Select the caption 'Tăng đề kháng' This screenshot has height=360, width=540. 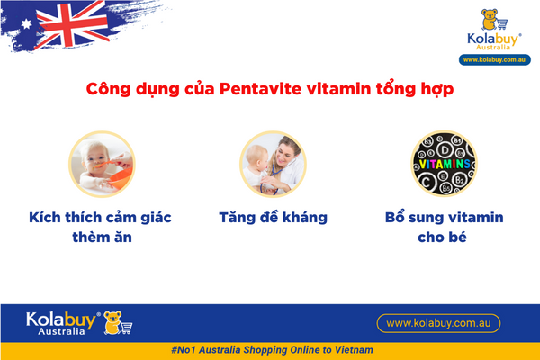pyautogui.click(x=273, y=218)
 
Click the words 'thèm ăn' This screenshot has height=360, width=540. pyautogui.click(x=101, y=240)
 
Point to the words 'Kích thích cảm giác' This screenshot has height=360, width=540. pyautogui.click(x=101, y=218)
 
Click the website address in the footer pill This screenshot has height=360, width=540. pyautogui.click(x=437, y=322)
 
